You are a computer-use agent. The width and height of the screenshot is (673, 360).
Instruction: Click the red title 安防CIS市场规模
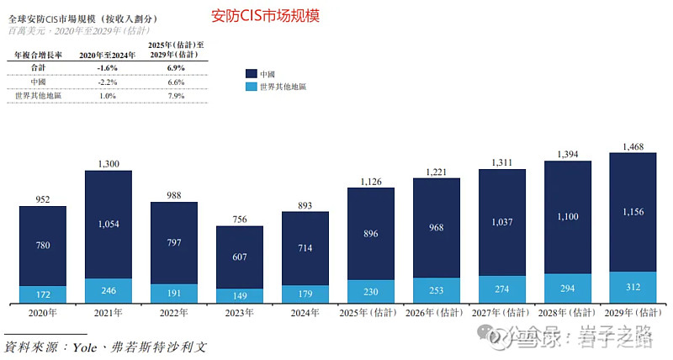(265, 16)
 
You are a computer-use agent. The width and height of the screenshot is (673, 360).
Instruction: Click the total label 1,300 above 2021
(108, 163)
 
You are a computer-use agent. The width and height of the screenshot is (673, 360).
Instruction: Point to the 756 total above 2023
(239, 220)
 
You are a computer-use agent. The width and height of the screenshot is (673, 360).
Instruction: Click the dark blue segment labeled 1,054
(108, 225)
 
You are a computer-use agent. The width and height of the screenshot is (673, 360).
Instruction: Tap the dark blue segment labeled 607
(239, 257)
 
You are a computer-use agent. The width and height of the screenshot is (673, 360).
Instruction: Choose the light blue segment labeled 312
(632, 287)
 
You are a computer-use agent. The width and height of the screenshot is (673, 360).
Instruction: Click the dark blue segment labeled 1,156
(632, 212)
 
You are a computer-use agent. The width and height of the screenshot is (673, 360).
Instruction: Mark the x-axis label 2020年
(42, 313)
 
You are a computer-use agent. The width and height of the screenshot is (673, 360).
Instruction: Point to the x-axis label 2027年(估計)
(502, 313)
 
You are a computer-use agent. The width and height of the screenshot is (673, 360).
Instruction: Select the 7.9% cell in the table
(176, 96)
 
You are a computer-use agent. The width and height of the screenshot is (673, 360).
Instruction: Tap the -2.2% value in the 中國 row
(105, 81)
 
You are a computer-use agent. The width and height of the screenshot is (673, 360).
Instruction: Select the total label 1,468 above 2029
(632, 147)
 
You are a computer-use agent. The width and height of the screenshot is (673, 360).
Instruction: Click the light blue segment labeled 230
(370, 291)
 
